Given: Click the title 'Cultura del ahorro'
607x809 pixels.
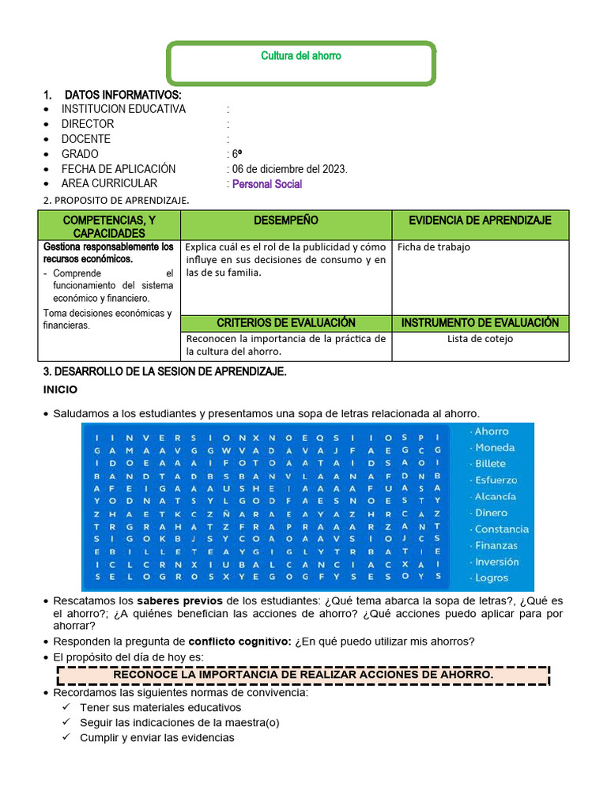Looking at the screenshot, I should coord(301,56).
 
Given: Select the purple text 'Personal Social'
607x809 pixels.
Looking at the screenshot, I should coord(266,184).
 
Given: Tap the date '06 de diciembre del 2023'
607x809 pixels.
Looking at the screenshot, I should coord(289,169).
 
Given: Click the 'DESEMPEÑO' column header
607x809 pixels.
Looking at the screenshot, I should coord(286,220).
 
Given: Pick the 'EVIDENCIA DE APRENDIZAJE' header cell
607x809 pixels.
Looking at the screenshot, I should coord(480,220).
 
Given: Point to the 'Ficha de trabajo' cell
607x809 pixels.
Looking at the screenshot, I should coord(433,247).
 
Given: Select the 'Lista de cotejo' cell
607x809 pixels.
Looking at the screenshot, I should coord(480,339).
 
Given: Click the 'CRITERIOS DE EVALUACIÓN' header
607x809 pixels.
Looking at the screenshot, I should coord(286,323).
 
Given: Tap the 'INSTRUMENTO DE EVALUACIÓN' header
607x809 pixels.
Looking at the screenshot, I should coord(480,323).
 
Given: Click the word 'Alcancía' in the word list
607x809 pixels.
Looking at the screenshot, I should coord(495,497).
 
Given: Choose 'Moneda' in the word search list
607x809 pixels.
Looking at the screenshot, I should coord(494,448).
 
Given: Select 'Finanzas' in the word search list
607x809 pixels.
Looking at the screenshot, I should coord(496,546).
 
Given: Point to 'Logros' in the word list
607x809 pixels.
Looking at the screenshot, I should coord(492,578).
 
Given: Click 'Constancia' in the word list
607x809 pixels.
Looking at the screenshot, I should coord(501,529).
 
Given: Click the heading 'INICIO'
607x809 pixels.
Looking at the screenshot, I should coord(59,390).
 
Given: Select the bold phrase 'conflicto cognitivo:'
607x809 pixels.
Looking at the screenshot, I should coord(240,641).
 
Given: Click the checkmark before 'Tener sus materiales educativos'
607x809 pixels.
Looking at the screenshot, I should coord(66,708).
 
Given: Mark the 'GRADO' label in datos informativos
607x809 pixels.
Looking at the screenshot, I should coord(80,154).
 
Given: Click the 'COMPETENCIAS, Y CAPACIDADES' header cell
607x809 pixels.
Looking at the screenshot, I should coord(109,226).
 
